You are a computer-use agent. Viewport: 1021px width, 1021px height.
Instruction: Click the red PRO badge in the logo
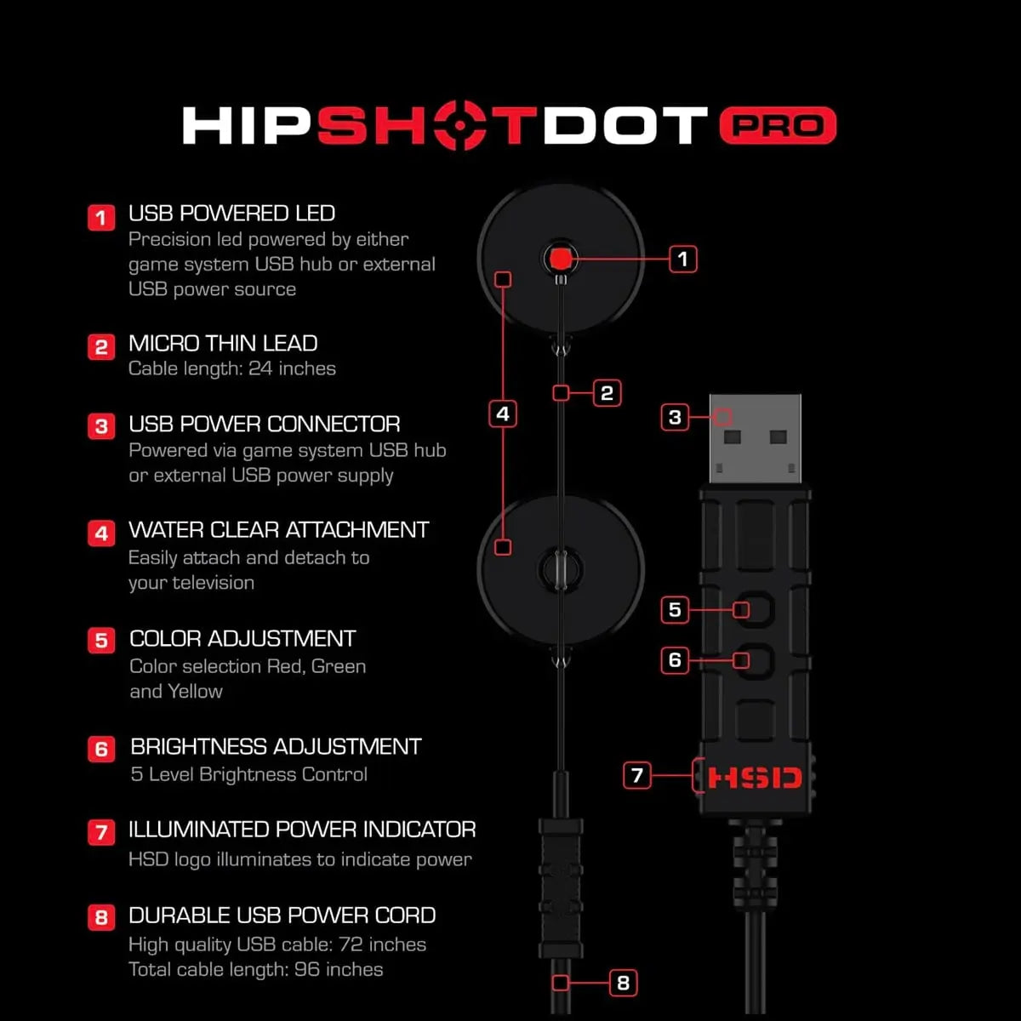coord(778,126)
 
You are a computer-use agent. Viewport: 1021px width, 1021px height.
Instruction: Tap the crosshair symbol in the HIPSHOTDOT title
coord(459,126)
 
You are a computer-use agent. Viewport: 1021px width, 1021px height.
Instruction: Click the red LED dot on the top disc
coord(560,259)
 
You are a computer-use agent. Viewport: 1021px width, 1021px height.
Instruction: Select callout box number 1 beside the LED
coord(682,259)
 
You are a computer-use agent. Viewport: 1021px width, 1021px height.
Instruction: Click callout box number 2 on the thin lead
coord(607,392)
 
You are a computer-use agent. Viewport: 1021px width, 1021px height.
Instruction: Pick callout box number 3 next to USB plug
coord(675,417)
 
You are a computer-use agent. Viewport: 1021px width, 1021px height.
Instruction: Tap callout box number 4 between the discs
coord(503,414)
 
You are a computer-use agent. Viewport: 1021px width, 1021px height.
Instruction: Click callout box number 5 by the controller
coord(675,609)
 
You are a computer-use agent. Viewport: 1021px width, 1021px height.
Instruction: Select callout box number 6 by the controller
coord(675,659)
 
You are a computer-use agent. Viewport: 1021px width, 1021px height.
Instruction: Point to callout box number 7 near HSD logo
coord(637,775)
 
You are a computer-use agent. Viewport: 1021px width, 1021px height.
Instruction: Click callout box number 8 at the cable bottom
coord(623,983)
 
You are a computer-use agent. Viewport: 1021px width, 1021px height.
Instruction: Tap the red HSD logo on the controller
coord(755,778)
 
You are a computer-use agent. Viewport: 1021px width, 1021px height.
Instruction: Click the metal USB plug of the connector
coord(755,438)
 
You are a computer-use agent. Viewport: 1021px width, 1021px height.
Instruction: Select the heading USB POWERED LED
coord(231,213)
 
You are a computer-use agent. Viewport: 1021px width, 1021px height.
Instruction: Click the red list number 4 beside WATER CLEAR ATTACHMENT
coord(101,533)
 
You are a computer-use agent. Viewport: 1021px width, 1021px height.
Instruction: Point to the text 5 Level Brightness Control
coord(249,774)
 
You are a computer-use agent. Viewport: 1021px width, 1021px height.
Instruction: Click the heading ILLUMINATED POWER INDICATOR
coord(302,830)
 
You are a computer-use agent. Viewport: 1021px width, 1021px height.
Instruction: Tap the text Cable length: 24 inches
coord(232,368)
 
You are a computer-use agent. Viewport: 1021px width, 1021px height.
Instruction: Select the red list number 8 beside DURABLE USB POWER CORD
coord(101,917)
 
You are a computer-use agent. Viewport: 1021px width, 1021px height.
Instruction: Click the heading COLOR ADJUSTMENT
coord(242,638)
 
